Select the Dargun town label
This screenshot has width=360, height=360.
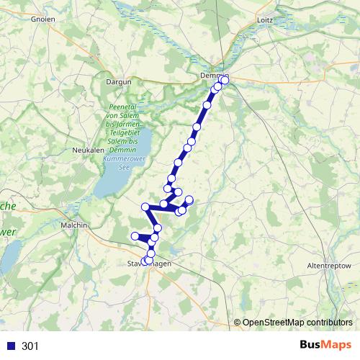point(120,82)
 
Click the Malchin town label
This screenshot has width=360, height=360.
point(75,225)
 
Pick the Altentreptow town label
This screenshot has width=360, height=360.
point(328,266)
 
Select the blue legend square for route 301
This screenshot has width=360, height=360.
point(11,346)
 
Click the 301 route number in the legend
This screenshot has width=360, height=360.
point(30,346)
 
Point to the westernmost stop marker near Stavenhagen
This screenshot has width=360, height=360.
point(135,236)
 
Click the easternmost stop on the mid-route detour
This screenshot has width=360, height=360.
point(189,199)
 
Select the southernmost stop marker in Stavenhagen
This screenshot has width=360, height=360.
point(145,262)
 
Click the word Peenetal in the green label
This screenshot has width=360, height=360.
point(121,107)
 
